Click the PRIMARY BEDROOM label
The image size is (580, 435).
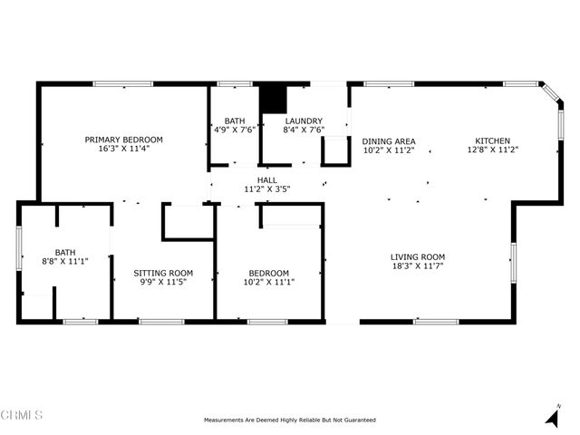124,140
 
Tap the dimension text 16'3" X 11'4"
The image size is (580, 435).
124,149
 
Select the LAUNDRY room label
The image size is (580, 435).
304,121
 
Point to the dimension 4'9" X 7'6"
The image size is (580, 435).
235,130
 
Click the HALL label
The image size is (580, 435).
267,180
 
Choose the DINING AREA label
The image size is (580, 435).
389,141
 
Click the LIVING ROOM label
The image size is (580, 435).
418,256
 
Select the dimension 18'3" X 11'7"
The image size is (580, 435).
418,266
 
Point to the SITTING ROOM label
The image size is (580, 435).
163,273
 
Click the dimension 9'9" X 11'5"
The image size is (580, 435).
163,283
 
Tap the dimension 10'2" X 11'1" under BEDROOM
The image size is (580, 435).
269,283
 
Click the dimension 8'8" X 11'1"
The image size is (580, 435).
64,262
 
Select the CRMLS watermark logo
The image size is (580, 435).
22,416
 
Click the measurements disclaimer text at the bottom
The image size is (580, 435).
289,420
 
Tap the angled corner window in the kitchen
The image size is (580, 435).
551,95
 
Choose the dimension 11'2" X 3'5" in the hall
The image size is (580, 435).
267,190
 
